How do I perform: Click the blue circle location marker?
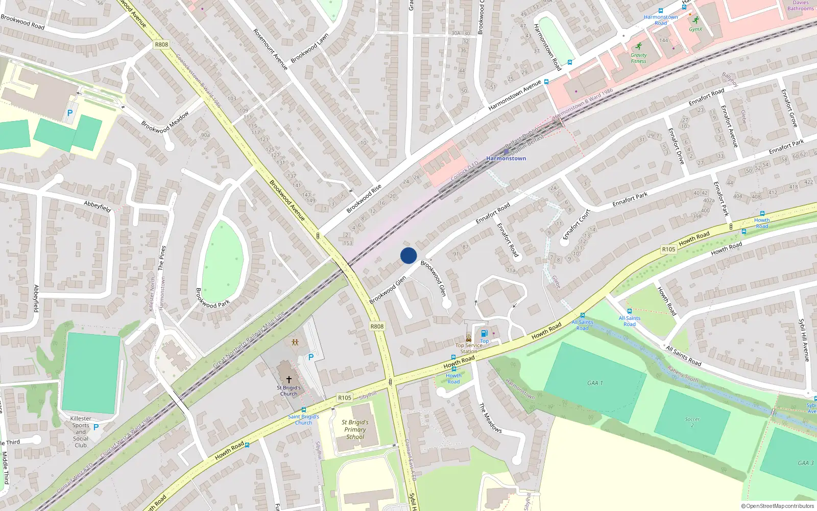(408, 255)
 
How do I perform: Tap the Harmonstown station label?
(506, 158)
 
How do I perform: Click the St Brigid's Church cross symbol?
(289, 380)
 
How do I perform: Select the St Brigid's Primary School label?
(355, 430)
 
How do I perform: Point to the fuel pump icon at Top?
(484, 333)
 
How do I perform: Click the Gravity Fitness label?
(638, 58)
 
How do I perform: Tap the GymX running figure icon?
(695, 20)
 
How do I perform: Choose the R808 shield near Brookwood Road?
(161, 44)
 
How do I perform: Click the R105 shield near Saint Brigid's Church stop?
(345, 398)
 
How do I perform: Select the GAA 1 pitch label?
(595, 383)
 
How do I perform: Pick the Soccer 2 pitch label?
(692, 422)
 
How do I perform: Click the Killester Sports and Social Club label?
(81, 432)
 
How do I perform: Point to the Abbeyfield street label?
(98, 206)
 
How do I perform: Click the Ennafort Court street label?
(576, 224)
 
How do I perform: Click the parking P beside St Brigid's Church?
(310, 357)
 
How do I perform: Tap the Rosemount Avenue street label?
(271, 49)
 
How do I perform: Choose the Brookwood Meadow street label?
(165, 123)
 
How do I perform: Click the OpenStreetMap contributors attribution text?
(777, 506)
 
